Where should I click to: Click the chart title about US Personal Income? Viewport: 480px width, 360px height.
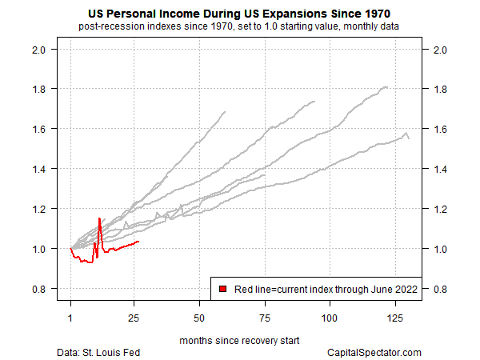(239, 14)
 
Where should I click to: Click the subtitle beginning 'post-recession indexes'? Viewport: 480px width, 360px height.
(239, 27)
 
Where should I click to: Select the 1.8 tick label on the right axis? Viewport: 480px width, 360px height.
(438, 89)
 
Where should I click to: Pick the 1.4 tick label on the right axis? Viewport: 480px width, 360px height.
(438, 169)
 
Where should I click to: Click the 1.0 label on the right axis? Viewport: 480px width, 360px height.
(438, 249)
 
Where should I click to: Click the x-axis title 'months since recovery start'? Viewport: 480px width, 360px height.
(239, 340)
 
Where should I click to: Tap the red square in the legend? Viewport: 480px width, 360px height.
(223, 288)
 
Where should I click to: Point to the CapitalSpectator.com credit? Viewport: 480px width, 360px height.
(374, 352)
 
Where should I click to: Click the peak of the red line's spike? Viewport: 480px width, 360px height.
(99, 218)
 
